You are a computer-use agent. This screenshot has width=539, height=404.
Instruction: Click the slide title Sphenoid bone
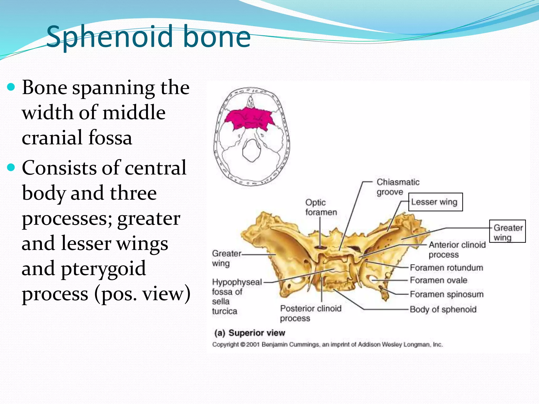(x=148, y=37)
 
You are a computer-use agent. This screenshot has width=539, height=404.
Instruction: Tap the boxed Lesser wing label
(x=435, y=202)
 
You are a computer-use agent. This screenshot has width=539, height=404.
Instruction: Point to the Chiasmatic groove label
(x=397, y=187)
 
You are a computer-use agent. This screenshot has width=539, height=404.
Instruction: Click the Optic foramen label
(x=321, y=207)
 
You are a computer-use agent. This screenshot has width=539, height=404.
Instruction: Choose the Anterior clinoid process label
(x=457, y=250)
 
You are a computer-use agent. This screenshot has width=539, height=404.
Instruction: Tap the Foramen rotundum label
(x=446, y=268)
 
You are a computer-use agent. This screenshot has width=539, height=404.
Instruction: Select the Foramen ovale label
(x=438, y=280)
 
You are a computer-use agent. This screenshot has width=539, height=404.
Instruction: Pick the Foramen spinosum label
(x=447, y=294)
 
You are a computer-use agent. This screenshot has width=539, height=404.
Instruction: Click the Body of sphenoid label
(x=443, y=309)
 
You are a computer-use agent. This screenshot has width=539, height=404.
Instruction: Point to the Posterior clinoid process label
(x=311, y=313)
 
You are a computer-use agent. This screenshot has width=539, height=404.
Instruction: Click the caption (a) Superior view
(x=250, y=333)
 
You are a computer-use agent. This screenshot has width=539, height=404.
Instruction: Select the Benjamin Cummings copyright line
(x=327, y=345)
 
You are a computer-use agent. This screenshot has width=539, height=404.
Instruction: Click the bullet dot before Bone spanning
(x=11, y=87)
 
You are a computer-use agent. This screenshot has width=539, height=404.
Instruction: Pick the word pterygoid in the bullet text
(x=103, y=269)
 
